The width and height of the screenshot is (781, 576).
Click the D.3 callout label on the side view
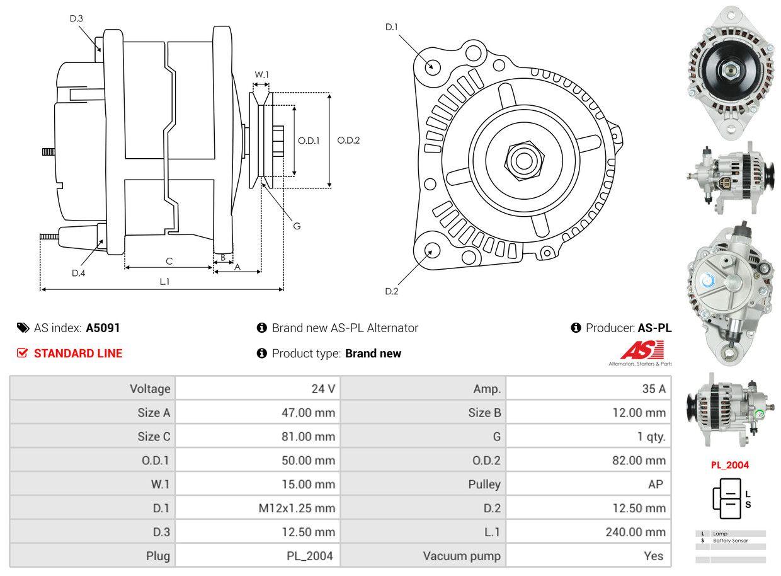(x=76, y=18)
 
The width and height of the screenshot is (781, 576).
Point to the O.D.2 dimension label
(x=348, y=140)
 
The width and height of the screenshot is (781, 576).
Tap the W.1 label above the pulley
(x=261, y=74)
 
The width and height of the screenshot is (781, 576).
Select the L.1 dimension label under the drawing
(x=164, y=282)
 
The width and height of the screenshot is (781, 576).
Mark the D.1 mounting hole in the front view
(x=432, y=66)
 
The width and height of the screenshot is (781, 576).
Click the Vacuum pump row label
(x=462, y=556)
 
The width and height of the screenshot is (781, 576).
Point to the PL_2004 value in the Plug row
(x=309, y=556)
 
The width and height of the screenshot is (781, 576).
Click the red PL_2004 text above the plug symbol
(x=730, y=465)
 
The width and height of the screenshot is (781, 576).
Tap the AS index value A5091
(x=103, y=328)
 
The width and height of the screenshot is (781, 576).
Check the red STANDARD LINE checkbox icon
(x=22, y=353)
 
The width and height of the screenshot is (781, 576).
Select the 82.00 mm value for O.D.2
(x=639, y=461)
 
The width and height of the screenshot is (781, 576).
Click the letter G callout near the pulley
(x=297, y=226)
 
